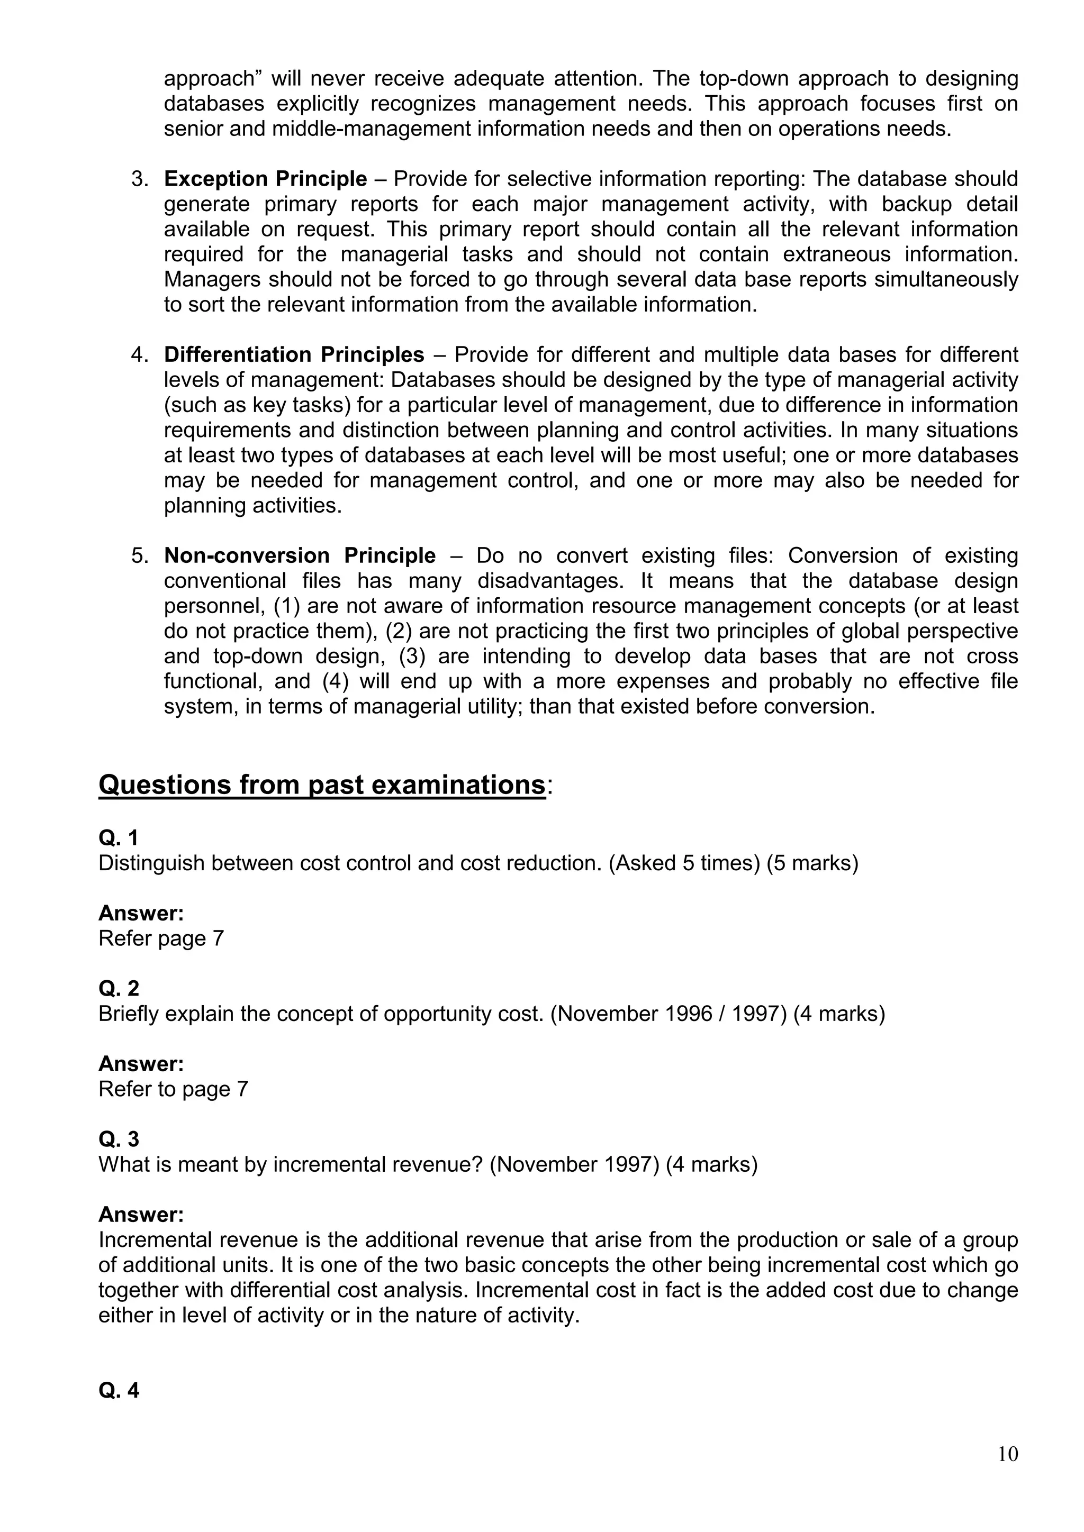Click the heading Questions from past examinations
click(322, 785)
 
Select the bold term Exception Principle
click(265, 179)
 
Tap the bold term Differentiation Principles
click(294, 354)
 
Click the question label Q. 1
click(118, 837)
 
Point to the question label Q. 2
click(118, 988)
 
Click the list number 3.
click(138, 179)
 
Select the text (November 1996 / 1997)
click(668, 1014)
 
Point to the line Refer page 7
click(161, 938)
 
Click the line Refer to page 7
click(173, 1089)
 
